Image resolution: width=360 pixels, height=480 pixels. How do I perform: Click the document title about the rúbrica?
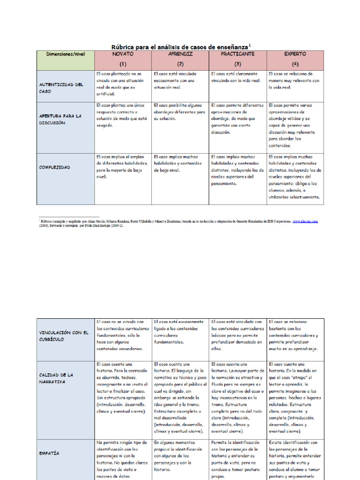[180, 46]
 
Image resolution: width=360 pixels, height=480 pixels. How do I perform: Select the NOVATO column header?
[123, 54]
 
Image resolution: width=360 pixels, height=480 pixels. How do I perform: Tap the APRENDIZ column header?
[180, 54]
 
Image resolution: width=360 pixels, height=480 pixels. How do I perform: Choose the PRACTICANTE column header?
[238, 54]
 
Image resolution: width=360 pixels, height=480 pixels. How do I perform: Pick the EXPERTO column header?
[295, 54]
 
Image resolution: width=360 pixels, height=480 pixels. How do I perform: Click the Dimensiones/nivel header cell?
[66, 54]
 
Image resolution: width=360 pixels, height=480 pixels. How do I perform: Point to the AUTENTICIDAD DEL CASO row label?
[61, 88]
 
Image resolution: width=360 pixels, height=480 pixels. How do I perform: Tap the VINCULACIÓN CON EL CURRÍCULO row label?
[64, 336]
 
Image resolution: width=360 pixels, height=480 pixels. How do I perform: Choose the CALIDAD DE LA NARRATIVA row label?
[56, 378]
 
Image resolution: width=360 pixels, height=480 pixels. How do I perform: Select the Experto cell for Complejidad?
[295, 177]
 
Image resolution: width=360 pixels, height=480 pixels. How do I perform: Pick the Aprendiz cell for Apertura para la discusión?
[180, 112]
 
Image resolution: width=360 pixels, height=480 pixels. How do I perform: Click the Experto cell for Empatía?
[295, 459]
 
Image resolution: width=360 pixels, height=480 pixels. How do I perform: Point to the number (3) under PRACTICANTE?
[238, 64]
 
